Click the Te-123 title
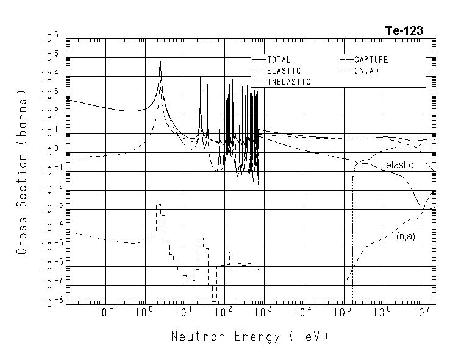pyautogui.click(x=404, y=31)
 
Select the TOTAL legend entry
pyautogui.click(x=279, y=60)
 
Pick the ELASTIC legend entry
pyautogui.click(x=284, y=71)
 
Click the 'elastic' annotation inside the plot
pyautogui.click(x=399, y=165)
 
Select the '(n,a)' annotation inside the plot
pyautogui.click(x=405, y=236)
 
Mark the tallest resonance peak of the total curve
pyautogui.click(x=160, y=61)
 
